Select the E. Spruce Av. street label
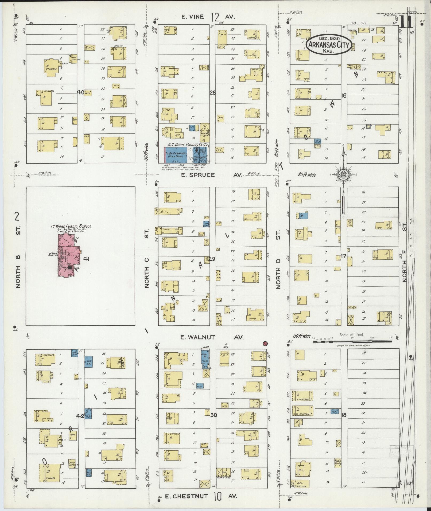click(211, 175)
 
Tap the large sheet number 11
click(406, 22)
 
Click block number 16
click(344, 95)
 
